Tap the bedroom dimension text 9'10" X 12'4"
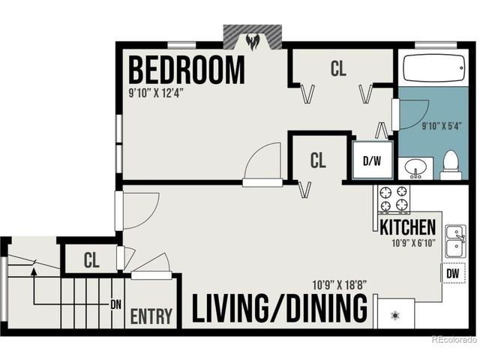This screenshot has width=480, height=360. pos(156,94)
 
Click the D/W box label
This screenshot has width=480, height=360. pos(371,160)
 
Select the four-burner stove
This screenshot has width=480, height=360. pos(394,199)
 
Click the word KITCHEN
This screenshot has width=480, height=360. pos(407,226)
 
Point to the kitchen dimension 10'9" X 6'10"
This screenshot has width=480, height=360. pos(412,243)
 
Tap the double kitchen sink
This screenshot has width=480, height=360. pos(454,241)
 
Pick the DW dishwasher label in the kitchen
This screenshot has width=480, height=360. pos(452,274)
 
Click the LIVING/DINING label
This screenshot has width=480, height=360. pos(280,308)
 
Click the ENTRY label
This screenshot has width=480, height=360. pos(151,316)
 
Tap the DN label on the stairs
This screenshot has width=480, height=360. pos(115,305)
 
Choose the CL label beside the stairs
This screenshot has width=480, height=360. pos(91,260)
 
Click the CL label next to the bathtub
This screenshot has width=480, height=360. pos(338,68)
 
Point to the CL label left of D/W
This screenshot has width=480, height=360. pos(319,160)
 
